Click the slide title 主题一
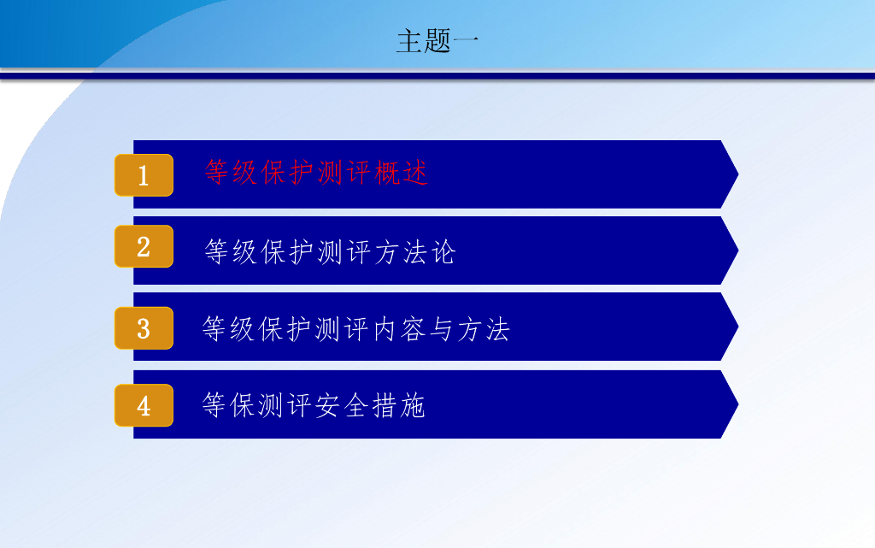point(437,41)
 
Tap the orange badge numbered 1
point(144,175)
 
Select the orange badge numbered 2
point(144,246)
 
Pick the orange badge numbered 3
point(144,328)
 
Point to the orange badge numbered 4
point(144,405)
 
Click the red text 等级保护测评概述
point(316,172)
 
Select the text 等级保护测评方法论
point(330,251)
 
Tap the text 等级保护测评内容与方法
point(356,328)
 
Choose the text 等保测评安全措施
point(314,405)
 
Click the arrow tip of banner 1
point(738,174)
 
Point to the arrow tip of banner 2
point(738,250)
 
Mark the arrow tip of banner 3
point(738,327)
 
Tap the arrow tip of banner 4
point(738,404)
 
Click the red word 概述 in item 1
point(401,172)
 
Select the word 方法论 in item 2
point(415,251)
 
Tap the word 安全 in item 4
point(341,405)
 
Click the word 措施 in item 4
point(398,405)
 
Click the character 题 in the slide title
point(437,41)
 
